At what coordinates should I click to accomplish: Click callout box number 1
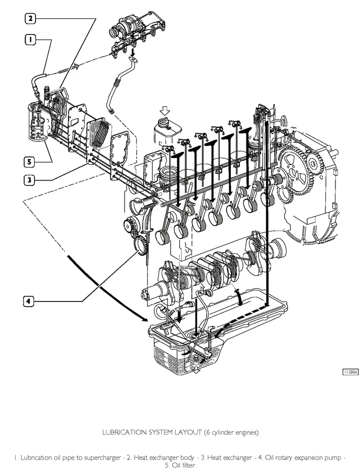(31, 39)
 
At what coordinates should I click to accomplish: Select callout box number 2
(31, 19)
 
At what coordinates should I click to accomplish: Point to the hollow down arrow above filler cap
(165, 110)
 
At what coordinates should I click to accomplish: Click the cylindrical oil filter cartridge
(38, 124)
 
